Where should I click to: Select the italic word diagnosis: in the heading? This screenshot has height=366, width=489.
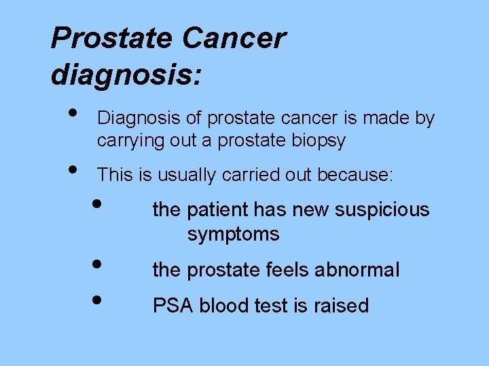coord(126,75)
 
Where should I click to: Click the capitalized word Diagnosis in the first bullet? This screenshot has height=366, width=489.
coord(139,119)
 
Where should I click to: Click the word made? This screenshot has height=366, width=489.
coord(386,119)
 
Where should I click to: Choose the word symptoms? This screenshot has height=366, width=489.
coord(233,235)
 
